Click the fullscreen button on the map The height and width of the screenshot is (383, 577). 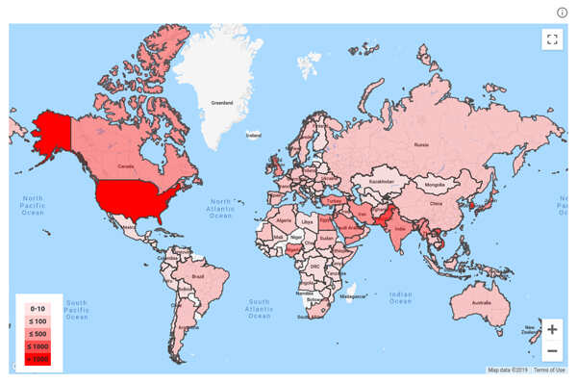pos(551,39)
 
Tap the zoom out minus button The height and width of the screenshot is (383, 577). pos(551,350)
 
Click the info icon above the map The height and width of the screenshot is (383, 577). pos(563,12)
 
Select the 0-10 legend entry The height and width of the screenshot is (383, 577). pos(38,305)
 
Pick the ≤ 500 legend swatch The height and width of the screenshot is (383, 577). pos(38,332)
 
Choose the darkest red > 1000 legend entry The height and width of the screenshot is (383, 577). pos(38,359)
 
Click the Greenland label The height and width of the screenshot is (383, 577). pos(223,101)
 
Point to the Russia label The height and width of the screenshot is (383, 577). pos(420,144)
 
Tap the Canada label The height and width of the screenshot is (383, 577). pos(125,166)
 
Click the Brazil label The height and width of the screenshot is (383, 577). pos(198,276)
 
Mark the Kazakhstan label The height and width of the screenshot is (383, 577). pos(381,180)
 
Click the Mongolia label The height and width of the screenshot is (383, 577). pos(435,184)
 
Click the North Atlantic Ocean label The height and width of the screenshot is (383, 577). pos(222,213)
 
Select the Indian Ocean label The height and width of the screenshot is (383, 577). pos(400,297)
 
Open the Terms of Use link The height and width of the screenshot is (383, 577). pos(549,370)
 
